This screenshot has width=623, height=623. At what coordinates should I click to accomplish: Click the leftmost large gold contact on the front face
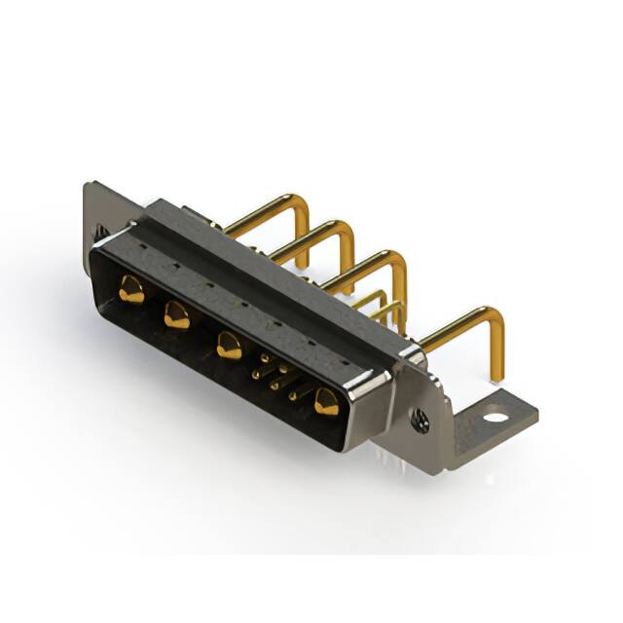point(130,288)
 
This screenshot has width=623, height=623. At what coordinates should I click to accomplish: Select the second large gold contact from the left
point(177,314)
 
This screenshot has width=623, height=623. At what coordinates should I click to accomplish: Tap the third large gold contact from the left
point(230,346)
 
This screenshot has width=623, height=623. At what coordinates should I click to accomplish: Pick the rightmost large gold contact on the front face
point(325,400)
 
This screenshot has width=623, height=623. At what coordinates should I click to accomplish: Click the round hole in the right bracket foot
point(495,418)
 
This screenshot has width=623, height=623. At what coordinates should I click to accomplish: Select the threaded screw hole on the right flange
point(421,420)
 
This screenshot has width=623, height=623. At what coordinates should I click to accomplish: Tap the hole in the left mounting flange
point(99,233)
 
